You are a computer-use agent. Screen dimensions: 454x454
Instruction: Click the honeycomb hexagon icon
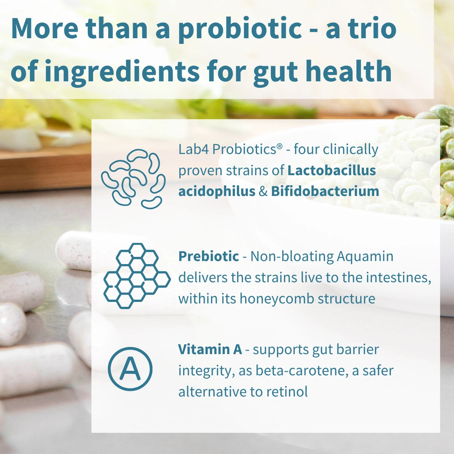pyautogui.click(x=136, y=275)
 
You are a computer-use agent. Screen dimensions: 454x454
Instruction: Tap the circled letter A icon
pyautogui.click(x=130, y=369)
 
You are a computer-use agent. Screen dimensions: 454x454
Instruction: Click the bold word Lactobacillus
pyautogui.click(x=332, y=171)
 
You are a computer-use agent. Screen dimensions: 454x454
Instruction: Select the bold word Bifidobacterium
pyautogui.click(x=325, y=191)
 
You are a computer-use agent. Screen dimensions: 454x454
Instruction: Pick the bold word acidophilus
pyautogui.click(x=217, y=191)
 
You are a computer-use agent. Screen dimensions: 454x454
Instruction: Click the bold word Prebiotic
pyautogui.click(x=208, y=257)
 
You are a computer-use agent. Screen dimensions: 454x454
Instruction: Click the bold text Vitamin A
pyautogui.click(x=210, y=349)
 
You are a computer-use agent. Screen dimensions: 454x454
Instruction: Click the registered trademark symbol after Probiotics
pyautogui.click(x=280, y=147)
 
